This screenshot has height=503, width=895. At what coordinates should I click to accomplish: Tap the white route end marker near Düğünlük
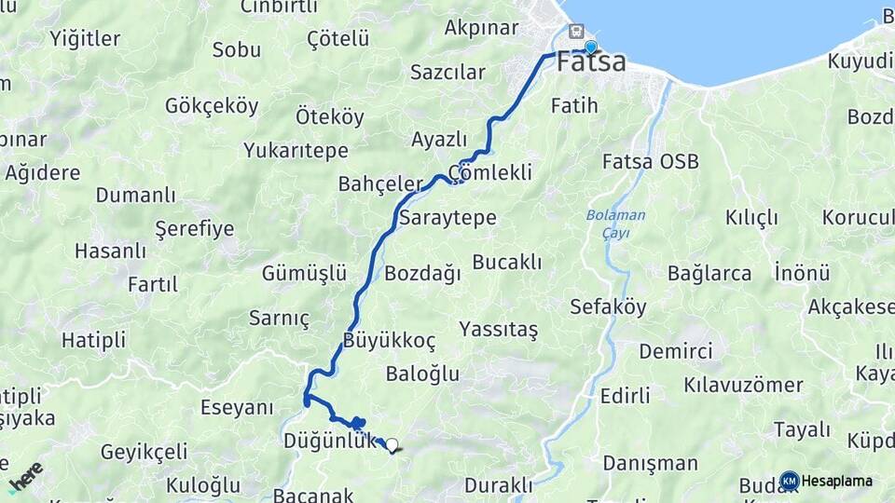(x=392, y=445)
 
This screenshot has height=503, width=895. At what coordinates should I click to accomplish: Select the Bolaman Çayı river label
(x=615, y=224)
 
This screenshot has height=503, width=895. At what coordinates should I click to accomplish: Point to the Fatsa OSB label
(x=651, y=161)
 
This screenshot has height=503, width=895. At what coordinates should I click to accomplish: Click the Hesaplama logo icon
(x=790, y=481)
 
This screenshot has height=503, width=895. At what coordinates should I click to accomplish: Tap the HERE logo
(x=26, y=476)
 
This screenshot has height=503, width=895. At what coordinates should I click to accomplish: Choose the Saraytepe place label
(x=447, y=218)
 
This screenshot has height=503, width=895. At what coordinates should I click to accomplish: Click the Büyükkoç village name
(x=389, y=340)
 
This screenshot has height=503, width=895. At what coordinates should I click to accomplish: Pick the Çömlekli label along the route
(x=489, y=172)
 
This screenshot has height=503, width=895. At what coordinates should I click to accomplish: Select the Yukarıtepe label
(x=296, y=150)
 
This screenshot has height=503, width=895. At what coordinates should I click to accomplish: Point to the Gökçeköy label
(x=212, y=105)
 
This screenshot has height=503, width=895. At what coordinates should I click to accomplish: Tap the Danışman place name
(x=650, y=463)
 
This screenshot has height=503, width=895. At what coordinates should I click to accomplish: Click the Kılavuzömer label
(x=743, y=385)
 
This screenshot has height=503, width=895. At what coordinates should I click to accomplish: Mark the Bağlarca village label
(x=709, y=274)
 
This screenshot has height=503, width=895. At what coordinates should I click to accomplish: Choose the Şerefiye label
(x=194, y=228)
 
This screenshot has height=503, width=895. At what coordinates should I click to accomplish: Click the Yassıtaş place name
(x=498, y=329)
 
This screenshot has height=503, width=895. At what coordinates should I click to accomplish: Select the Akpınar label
(x=481, y=27)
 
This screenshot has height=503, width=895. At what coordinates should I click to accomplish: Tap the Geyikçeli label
(x=145, y=452)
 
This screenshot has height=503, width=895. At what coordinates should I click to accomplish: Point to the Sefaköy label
(x=608, y=307)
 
